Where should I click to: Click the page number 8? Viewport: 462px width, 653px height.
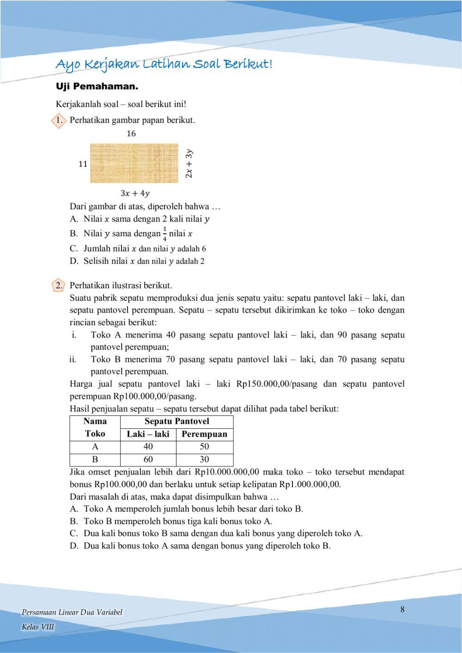(402, 610)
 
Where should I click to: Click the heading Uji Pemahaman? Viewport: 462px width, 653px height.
(97, 86)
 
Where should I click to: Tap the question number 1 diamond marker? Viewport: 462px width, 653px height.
(58, 121)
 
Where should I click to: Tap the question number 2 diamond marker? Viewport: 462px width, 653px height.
(58, 286)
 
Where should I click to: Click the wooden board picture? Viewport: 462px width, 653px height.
(134, 163)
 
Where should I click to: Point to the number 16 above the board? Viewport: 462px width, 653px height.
(131, 134)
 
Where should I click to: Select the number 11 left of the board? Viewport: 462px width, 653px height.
(83, 164)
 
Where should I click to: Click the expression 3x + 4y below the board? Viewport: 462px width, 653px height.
(135, 193)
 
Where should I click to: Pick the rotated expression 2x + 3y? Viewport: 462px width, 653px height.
(189, 163)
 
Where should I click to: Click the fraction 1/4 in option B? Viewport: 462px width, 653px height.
(165, 234)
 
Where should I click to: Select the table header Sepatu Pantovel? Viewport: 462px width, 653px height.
(176, 421)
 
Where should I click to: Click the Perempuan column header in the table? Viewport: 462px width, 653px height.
(204, 434)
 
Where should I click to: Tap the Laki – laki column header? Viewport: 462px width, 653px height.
(148, 434)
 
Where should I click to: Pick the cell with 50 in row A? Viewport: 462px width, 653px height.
(204, 446)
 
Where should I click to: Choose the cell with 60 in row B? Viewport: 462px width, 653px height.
(148, 459)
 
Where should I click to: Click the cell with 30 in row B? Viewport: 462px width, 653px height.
(204, 459)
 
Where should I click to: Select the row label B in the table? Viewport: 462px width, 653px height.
(95, 459)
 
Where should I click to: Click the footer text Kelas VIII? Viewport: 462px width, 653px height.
(38, 627)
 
